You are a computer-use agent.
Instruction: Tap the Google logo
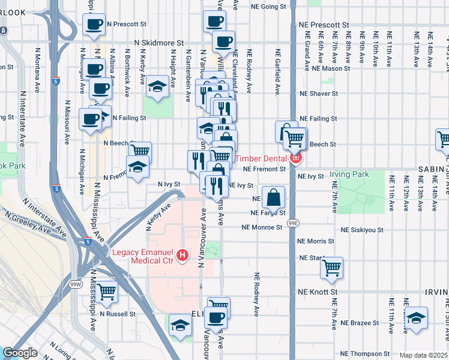(20, 353)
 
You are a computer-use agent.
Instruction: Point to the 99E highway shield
(292, 223)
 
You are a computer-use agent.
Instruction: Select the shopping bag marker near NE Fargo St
(273, 197)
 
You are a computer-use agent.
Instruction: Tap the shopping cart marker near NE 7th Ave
(331, 268)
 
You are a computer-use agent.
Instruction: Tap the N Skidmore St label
(158, 43)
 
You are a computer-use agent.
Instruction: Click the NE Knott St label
(318, 292)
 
